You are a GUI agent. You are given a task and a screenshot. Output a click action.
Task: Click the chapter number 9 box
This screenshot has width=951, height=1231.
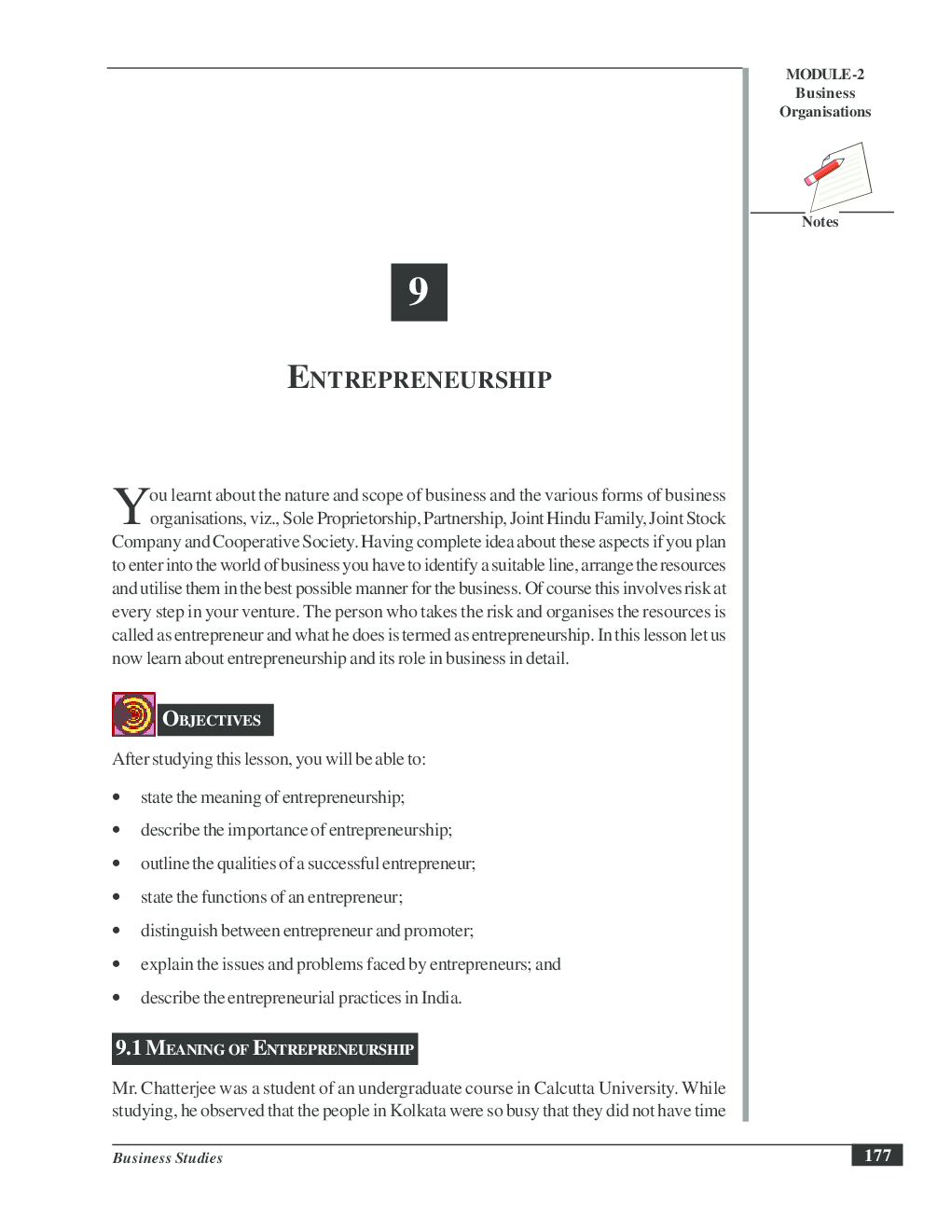click(x=419, y=292)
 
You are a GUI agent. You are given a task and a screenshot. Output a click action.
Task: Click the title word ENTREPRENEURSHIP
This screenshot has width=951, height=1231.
click(x=419, y=379)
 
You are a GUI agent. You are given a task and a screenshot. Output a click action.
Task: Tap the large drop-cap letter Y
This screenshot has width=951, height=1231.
click(x=130, y=507)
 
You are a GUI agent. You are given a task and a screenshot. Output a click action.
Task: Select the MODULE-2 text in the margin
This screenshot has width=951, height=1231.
click(x=824, y=75)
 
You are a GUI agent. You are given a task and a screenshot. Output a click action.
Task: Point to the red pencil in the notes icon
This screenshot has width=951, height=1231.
click(x=823, y=173)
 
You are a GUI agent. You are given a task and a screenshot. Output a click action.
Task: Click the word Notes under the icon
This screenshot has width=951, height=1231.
click(x=820, y=222)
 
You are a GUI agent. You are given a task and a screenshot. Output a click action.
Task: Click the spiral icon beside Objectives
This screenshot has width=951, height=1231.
click(x=133, y=714)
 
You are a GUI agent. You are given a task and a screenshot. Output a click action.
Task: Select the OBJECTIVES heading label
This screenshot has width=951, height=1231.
click(x=213, y=719)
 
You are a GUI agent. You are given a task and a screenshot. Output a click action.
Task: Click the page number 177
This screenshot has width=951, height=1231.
click(x=876, y=1155)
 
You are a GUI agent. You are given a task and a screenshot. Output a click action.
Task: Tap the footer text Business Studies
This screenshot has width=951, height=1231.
click(x=168, y=1158)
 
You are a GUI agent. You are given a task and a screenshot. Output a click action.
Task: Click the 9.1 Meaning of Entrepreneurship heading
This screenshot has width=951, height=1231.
click(x=265, y=1048)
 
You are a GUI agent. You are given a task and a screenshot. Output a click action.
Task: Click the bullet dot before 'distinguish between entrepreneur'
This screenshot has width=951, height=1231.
click(x=117, y=931)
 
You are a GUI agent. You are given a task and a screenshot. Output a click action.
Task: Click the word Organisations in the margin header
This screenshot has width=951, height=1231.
click(x=825, y=112)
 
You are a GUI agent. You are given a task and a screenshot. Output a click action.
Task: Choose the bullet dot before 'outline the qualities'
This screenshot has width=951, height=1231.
click(x=117, y=864)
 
